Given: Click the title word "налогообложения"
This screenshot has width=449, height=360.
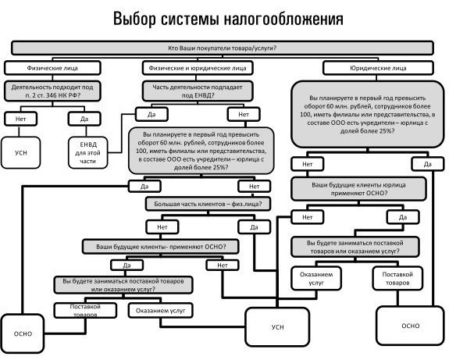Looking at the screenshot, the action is pos(283,20).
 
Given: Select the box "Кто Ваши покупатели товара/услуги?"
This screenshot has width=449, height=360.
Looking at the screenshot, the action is pos(223,48).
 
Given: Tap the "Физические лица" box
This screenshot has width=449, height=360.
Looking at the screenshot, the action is pos(52,68).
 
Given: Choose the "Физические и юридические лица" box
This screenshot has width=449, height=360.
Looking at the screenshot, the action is pos(198,68).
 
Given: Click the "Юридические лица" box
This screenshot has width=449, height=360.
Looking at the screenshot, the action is pos(378,68).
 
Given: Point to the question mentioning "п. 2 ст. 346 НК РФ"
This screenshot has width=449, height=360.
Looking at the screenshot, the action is pos(52,91).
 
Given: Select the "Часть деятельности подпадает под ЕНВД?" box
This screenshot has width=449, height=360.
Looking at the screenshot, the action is pos(198,91).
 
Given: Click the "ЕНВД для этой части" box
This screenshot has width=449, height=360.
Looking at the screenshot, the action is pos(88,152).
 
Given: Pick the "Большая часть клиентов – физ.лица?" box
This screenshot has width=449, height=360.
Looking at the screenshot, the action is pos(208,204).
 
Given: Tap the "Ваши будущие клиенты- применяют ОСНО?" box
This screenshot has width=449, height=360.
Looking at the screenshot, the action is pos(161,247).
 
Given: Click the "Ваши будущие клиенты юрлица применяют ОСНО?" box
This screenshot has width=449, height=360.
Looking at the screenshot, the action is pos(358,189).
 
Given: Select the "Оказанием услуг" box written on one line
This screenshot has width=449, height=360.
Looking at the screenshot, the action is pos(160,311).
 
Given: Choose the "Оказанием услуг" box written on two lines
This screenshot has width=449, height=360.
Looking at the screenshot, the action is pos(316,278).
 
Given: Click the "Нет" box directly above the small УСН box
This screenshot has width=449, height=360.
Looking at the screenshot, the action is pos(20,119).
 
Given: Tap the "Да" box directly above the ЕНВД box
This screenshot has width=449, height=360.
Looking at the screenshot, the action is pos(84,119).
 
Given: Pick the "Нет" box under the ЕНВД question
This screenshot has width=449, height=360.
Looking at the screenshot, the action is pos(244,114).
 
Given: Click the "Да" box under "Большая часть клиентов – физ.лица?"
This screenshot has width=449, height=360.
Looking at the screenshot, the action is pos(254,227).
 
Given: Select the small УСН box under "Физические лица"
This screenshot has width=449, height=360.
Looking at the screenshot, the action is pos(20,152).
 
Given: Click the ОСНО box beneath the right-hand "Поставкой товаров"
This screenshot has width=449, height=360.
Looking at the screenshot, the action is pos(410,326).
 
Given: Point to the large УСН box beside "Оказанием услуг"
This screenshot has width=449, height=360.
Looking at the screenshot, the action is pos(277,327).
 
